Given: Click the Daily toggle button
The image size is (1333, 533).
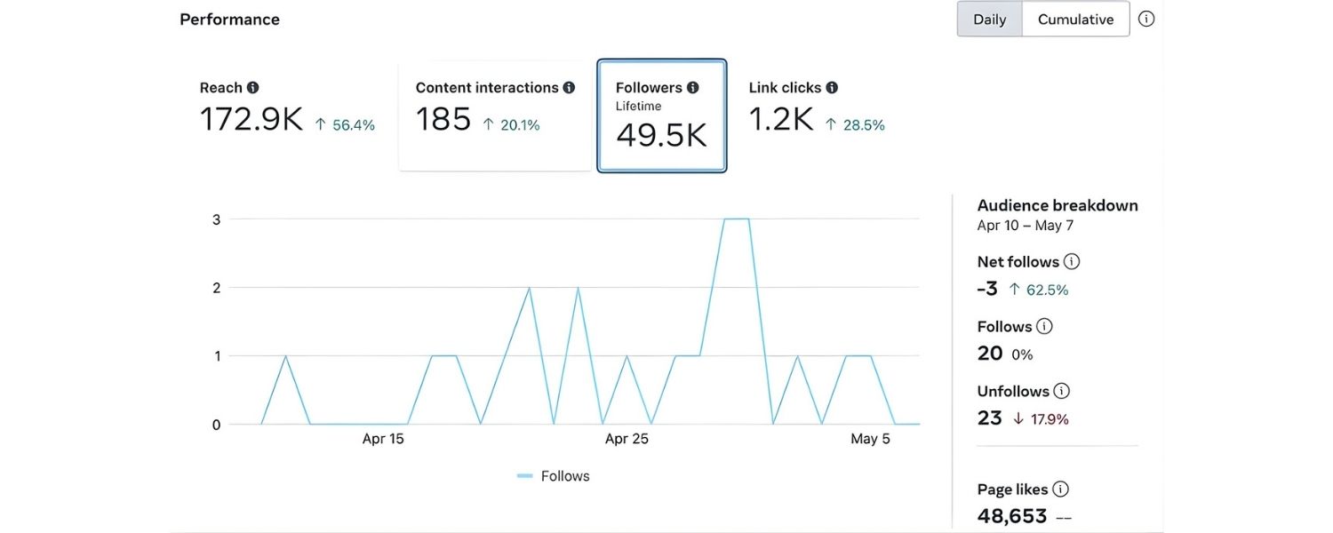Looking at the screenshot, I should [x=989, y=20].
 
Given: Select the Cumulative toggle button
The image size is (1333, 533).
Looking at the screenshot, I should [x=1075, y=20].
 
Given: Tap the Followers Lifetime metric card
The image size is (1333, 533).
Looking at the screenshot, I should [x=662, y=115].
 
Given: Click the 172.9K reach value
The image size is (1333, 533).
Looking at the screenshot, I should [x=251, y=120].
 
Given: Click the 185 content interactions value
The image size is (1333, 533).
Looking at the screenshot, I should [x=443, y=120].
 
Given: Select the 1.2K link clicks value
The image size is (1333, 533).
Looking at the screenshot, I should [x=780, y=120].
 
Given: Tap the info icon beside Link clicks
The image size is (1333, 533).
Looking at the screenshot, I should [x=832, y=88].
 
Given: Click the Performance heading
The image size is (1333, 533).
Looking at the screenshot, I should [x=229, y=20].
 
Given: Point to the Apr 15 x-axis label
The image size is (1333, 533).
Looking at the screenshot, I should [x=383, y=439].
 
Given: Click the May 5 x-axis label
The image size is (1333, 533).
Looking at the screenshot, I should [x=870, y=439].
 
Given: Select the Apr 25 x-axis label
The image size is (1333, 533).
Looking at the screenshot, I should [x=627, y=439].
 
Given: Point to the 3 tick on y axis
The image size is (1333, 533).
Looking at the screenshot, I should [x=216, y=219].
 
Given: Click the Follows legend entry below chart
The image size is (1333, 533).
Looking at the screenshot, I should [x=554, y=476].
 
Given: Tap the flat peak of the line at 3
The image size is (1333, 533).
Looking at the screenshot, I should [x=737, y=219].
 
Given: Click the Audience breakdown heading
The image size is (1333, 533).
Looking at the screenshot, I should [x=1058, y=205].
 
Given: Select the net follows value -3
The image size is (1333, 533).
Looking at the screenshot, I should [x=987, y=289].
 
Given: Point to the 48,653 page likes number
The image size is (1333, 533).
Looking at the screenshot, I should [x=1012, y=516].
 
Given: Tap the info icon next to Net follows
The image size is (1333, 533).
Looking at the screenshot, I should [x=1072, y=261].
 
